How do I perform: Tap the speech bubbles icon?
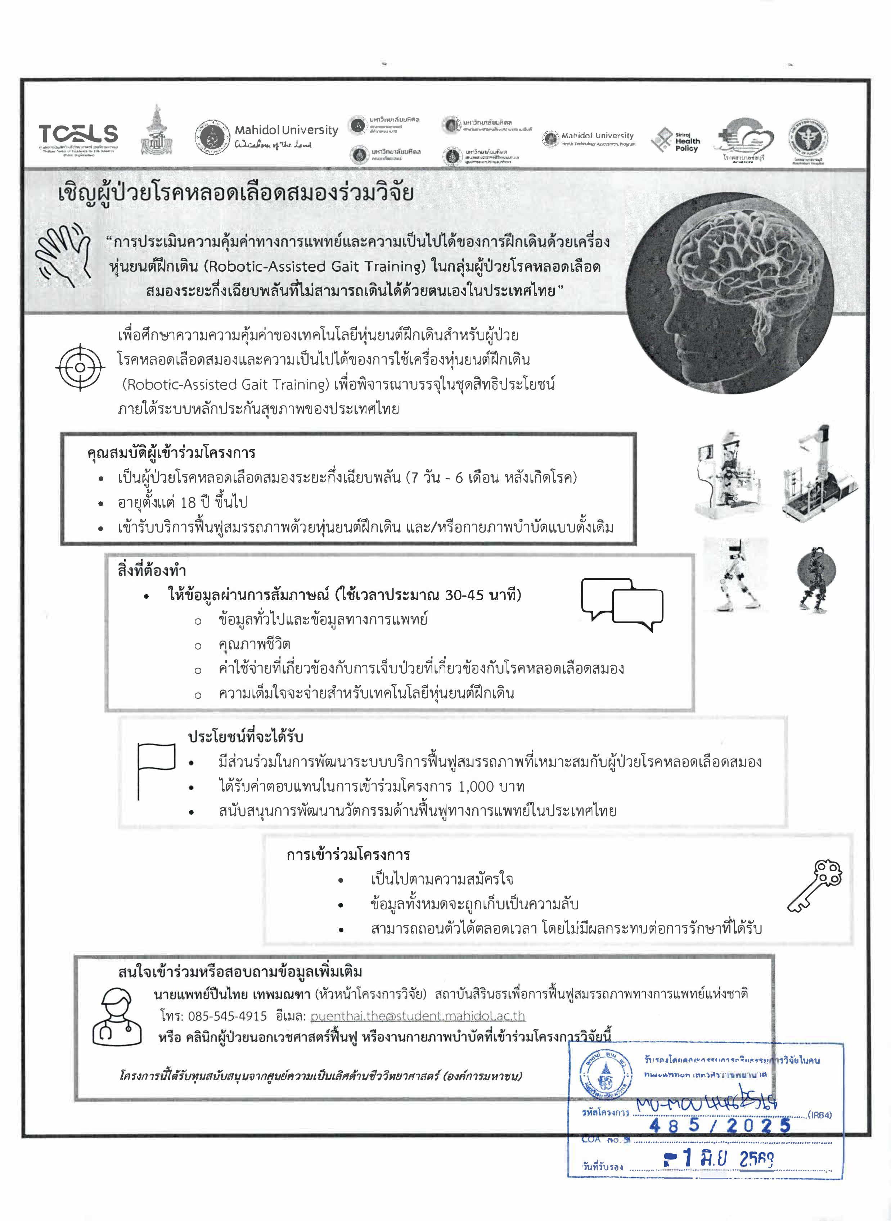(x=622, y=603)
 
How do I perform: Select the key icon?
(x=815, y=885)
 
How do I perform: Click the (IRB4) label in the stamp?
(x=819, y=1115)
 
